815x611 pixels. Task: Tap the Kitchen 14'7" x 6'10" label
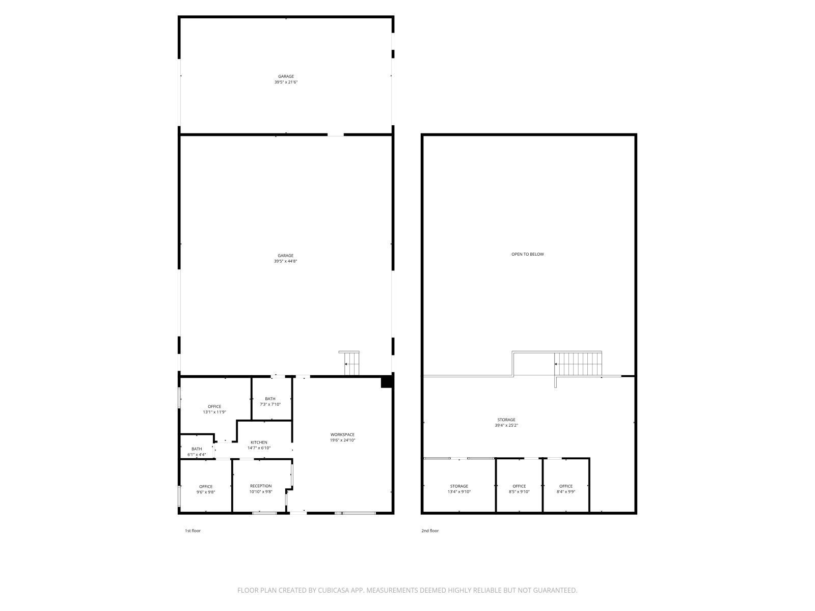(259, 446)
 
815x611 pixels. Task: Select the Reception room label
(261, 489)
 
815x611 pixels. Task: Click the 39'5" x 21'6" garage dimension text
(286, 82)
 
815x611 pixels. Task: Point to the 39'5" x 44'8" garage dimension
(285, 261)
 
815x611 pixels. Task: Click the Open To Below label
(528, 254)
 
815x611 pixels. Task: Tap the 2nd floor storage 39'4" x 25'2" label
(506, 423)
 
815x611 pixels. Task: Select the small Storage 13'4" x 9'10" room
(459, 489)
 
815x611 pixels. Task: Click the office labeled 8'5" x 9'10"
(519, 489)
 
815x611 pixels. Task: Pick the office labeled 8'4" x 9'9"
(566, 489)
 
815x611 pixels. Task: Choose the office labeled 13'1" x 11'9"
(214, 409)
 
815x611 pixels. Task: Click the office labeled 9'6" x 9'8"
(206, 489)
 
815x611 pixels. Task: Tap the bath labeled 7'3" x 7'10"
(270, 401)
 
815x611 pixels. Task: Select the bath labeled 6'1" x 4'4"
(197, 452)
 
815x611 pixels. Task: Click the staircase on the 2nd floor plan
(578, 364)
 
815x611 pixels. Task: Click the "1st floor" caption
(193, 531)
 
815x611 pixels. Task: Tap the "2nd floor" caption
(429, 531)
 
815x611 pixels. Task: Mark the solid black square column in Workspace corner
(387, 382)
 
